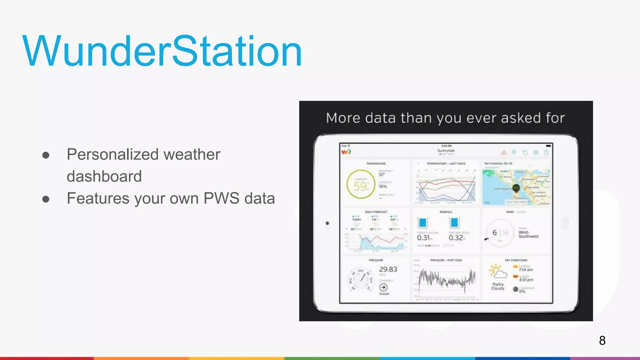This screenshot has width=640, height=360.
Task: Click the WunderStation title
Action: pyautogui.click(x=162, y=52)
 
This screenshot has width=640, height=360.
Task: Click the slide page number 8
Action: pyautogui.click(x=602, y=341)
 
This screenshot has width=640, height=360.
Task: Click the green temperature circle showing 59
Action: pyautogui.click(x=361, y=184)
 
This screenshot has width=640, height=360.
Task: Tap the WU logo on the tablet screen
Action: pyautogui.click(x=346, y=152)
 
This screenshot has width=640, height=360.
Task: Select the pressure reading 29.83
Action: pyautogui.click(x=388, y=269)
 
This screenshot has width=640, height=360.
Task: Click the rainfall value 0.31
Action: pyautogui.click(x=423, y=238)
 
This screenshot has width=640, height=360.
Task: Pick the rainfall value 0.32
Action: pyautogui.click(x=456, y=238)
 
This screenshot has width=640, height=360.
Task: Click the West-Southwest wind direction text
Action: pyautogui.click(x=528, y=234)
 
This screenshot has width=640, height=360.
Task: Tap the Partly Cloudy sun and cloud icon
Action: pyautogui.click(x=497, y=271)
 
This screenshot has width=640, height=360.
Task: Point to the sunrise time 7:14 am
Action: pyautogui.click(x=526, y=270)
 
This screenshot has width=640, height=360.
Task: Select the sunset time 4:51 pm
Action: pyautogui.click(x=526, y=280)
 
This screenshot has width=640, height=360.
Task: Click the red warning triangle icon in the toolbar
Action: pyautogui.click(x=504, y=153)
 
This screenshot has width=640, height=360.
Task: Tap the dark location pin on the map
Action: pyautogui.click(x=516, y=188)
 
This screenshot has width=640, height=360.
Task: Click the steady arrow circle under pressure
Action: pyautogui.click(x=383, y=287)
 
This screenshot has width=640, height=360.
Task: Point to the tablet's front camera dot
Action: pyautogui.click(x=327, y=223)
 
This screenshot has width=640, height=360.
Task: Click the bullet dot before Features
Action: pyautogui.click(x=46, y=199)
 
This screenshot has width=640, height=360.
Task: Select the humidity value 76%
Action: pyautogui.click(x=383, y=187)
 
